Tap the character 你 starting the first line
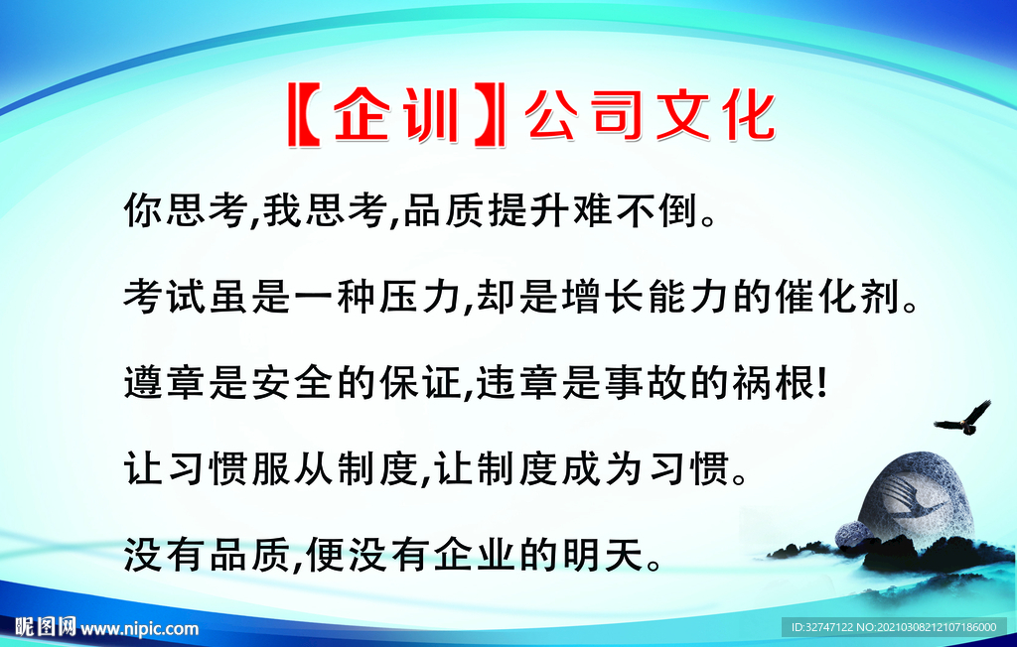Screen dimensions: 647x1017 click(143, 209)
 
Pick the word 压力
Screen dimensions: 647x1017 click(421, 296)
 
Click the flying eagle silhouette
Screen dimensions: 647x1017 click(963, 418)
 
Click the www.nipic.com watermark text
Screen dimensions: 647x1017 click(139, 627)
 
